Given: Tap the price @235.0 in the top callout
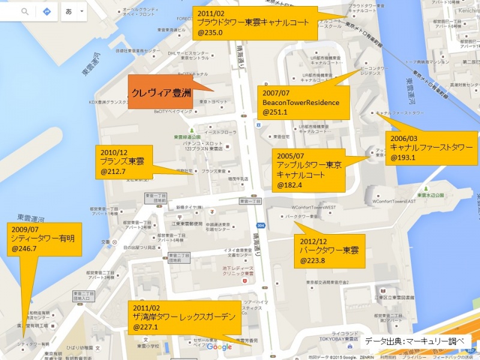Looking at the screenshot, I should point(211,33).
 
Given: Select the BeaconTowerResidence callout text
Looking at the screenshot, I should point(301,103).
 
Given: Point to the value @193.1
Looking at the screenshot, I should point(403,158).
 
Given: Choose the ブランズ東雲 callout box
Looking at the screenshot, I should point(127,161).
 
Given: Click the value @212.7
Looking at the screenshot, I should point(113,172).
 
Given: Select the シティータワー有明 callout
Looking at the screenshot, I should point(42,238).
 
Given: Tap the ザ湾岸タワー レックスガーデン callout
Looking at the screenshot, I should point(187,317).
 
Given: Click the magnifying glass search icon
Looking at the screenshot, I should point(25,11).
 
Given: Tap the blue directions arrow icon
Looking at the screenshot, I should point(47,11).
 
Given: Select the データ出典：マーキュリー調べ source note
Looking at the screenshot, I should point(418,341).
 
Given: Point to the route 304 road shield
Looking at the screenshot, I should point(260,226).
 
